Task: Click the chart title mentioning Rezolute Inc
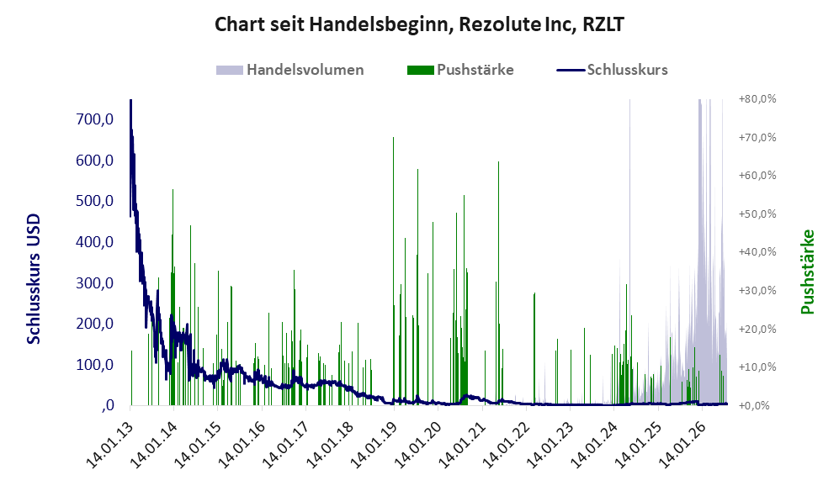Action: pos(419,24)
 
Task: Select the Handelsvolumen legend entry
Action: pos(290,70)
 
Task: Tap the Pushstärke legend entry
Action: pos(460,70)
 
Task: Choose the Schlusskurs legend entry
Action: pos(612,70)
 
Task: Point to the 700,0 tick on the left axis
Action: pos(95,119)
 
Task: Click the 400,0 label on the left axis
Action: pos(95,242)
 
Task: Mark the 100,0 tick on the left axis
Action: pos(95,365)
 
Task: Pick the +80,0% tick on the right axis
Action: pos(757,99)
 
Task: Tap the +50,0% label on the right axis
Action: pos(757,214)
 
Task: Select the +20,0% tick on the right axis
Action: pos(757,329)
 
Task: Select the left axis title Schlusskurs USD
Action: pos(33,279)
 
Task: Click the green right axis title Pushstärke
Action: pos(807,272)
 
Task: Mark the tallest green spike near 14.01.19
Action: pos(393,271)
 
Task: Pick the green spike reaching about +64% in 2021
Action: pos(499,283)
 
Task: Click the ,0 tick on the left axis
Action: pos(107,406)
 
